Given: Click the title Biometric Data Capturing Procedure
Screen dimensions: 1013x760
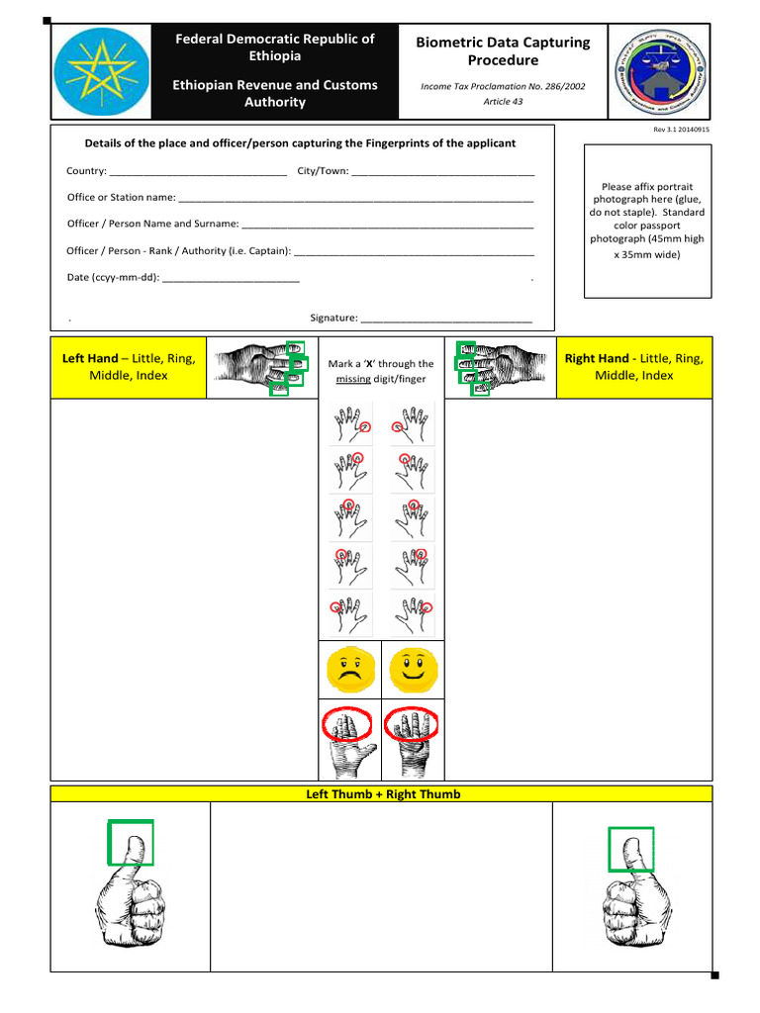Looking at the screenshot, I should click(503, 51).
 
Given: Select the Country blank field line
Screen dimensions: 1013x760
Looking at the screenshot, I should click(198, 173).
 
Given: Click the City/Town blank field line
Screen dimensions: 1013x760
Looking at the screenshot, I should click(442, 173).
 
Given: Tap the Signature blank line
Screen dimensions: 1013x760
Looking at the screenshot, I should click(446, 320).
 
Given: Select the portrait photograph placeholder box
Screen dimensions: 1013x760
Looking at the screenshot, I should click(647, 221).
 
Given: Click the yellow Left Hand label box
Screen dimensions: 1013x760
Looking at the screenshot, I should click(129, 367).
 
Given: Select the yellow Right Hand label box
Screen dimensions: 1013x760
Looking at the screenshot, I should click(633, 367).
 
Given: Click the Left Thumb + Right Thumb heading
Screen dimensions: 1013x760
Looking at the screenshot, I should click(381, 793).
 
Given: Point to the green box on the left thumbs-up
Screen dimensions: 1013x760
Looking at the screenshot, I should click(131, 842).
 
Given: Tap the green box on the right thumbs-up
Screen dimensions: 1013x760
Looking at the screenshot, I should click(630, 849).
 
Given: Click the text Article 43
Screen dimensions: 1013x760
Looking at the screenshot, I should click(503, 101).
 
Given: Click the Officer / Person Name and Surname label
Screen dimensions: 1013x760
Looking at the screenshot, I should click(151, 224).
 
